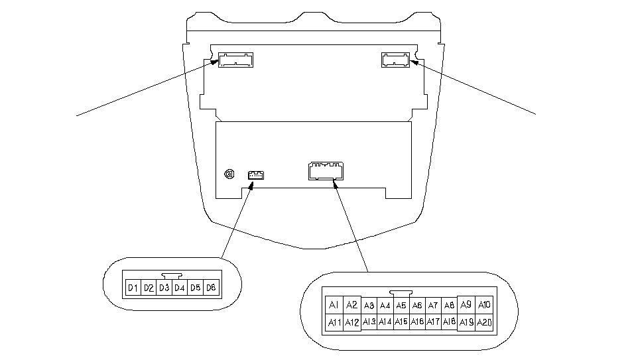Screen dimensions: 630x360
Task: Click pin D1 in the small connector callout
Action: point(133,288)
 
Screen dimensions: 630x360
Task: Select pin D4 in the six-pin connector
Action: point(180,288)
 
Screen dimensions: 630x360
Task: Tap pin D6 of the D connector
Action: point(212,288)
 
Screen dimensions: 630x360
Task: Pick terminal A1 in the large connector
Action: point(334,305)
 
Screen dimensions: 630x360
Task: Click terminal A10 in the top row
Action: point(484,305)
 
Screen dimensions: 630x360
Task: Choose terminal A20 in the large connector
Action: point(484,322)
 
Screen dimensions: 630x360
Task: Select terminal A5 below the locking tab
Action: point(401,306)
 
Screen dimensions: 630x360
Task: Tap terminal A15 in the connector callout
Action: point(401,322)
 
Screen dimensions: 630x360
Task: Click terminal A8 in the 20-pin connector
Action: point(449,306)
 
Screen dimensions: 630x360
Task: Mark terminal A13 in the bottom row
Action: point(369,322)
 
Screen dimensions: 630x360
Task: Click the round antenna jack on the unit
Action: point(229,174)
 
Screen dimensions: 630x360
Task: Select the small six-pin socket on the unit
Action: point(256,175)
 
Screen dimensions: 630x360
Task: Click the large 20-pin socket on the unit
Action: point(326,171)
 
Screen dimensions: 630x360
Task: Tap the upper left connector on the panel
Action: point(235,60)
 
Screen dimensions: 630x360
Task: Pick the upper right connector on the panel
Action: point(395,60)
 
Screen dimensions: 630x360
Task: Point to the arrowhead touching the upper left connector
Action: point(214,62)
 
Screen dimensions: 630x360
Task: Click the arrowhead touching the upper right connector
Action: point(414,62)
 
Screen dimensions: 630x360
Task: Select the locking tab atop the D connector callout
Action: point(172,276)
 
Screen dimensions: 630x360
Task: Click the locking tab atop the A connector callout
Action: point(401,294)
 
